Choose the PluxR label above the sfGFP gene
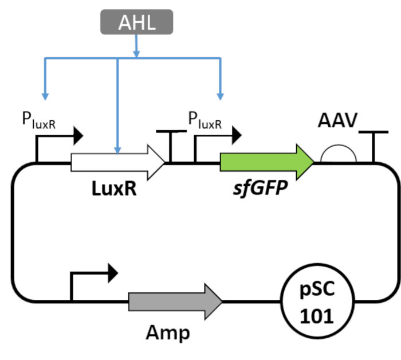point(205,122)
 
